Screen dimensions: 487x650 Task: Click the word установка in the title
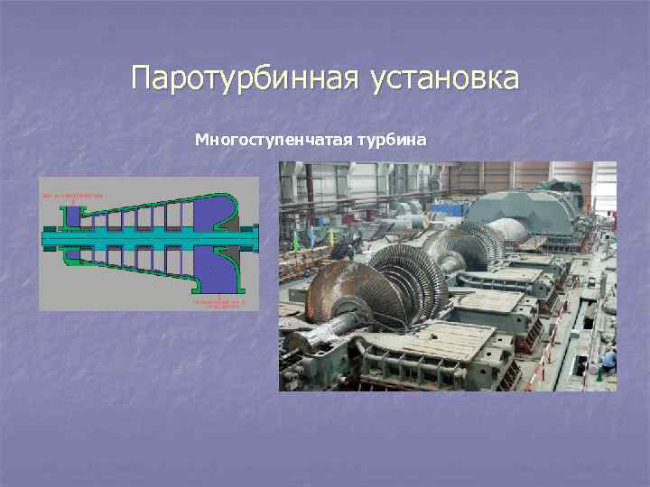click(444, 78)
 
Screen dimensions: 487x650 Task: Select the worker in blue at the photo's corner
click(608, 361)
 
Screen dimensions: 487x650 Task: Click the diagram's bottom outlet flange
click(220, 290)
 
